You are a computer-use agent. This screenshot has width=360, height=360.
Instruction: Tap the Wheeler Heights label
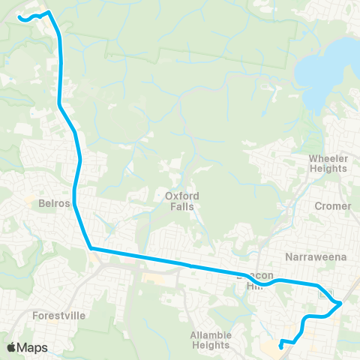pyautogui.click(x=328, y=163)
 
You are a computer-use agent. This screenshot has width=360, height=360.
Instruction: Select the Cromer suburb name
pyautogui.click(x=333, y=206)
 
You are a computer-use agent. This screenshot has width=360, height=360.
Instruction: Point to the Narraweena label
pyautogui.click(x=319, y=256)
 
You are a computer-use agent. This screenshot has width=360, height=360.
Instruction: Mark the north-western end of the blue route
pyautogui.click(x=19, y=17)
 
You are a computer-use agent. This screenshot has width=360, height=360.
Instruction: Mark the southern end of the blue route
pyautogui.click(x=280, y=346)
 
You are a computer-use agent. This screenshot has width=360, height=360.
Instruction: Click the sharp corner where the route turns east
pyautogui.click(x=90, y=247)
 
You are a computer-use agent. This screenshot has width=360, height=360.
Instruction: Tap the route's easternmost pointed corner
pyautogui.click(x=342, y=303)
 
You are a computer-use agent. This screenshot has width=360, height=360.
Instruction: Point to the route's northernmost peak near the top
pyautogui.click(x=49, y=11)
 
